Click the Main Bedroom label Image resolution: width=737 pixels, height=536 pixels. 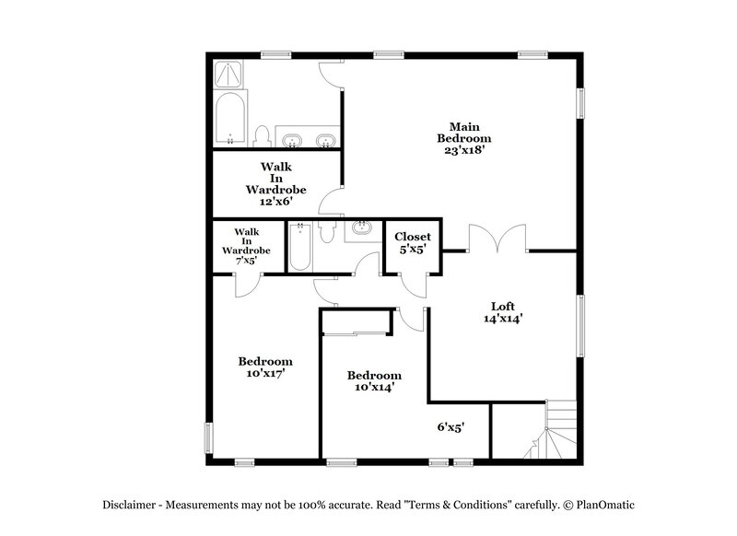[463, 132]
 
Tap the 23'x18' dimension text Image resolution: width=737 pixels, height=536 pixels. [463, 149]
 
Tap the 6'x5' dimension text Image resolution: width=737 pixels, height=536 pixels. [450, 427]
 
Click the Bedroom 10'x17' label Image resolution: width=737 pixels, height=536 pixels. [265, 367]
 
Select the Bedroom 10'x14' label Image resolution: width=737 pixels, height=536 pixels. [374, 381]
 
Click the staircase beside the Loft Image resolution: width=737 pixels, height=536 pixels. [554, 429]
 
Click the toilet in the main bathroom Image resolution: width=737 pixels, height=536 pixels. [262, 136]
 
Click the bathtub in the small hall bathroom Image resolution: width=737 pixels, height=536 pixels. [299, 246]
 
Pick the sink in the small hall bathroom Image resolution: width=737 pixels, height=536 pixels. [361, 228]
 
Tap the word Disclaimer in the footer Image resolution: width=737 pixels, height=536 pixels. [134, 506]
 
